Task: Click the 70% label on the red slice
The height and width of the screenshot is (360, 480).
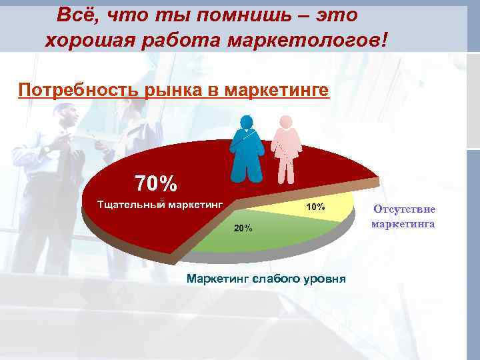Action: (156, 182)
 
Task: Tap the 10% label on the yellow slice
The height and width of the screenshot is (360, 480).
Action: (315, 207)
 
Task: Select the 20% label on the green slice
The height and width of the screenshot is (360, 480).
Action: (242, 229)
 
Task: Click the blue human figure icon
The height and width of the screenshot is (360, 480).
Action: (246, 148)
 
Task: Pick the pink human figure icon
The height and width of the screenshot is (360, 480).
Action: (286, 149)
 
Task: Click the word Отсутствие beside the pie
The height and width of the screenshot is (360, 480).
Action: (404, 209)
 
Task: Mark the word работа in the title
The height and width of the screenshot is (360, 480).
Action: (175, 40)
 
